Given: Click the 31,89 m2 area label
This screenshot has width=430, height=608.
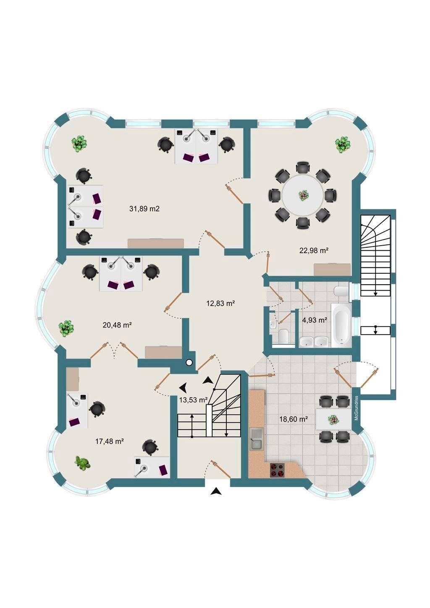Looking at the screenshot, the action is tap(144, 209).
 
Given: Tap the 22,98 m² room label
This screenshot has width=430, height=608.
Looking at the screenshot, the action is tap(314, 251).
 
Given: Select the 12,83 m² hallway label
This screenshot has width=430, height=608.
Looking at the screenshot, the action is tap(220, 304).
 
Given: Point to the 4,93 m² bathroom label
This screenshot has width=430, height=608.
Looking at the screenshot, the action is tap(315, 320).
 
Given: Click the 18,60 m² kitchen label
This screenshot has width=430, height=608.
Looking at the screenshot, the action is tap(294, 419).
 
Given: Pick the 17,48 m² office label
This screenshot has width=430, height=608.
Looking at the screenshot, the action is tap(110, 441).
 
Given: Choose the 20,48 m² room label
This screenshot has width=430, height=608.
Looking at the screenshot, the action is tap(117, 325).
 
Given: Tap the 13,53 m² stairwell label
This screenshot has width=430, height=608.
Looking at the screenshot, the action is tap(194, 400).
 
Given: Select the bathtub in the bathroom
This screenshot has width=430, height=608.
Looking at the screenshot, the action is tap(341, 325).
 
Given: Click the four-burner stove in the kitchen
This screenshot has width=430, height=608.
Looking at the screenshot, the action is tap(278, 469).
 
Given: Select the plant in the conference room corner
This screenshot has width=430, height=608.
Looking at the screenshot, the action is tap(343, 144).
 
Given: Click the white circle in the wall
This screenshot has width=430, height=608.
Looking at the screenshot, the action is tap(189, 362).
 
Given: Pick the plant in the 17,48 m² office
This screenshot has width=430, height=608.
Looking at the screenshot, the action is tap(83, 463).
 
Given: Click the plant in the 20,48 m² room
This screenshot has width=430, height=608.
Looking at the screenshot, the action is tap(66, 329).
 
